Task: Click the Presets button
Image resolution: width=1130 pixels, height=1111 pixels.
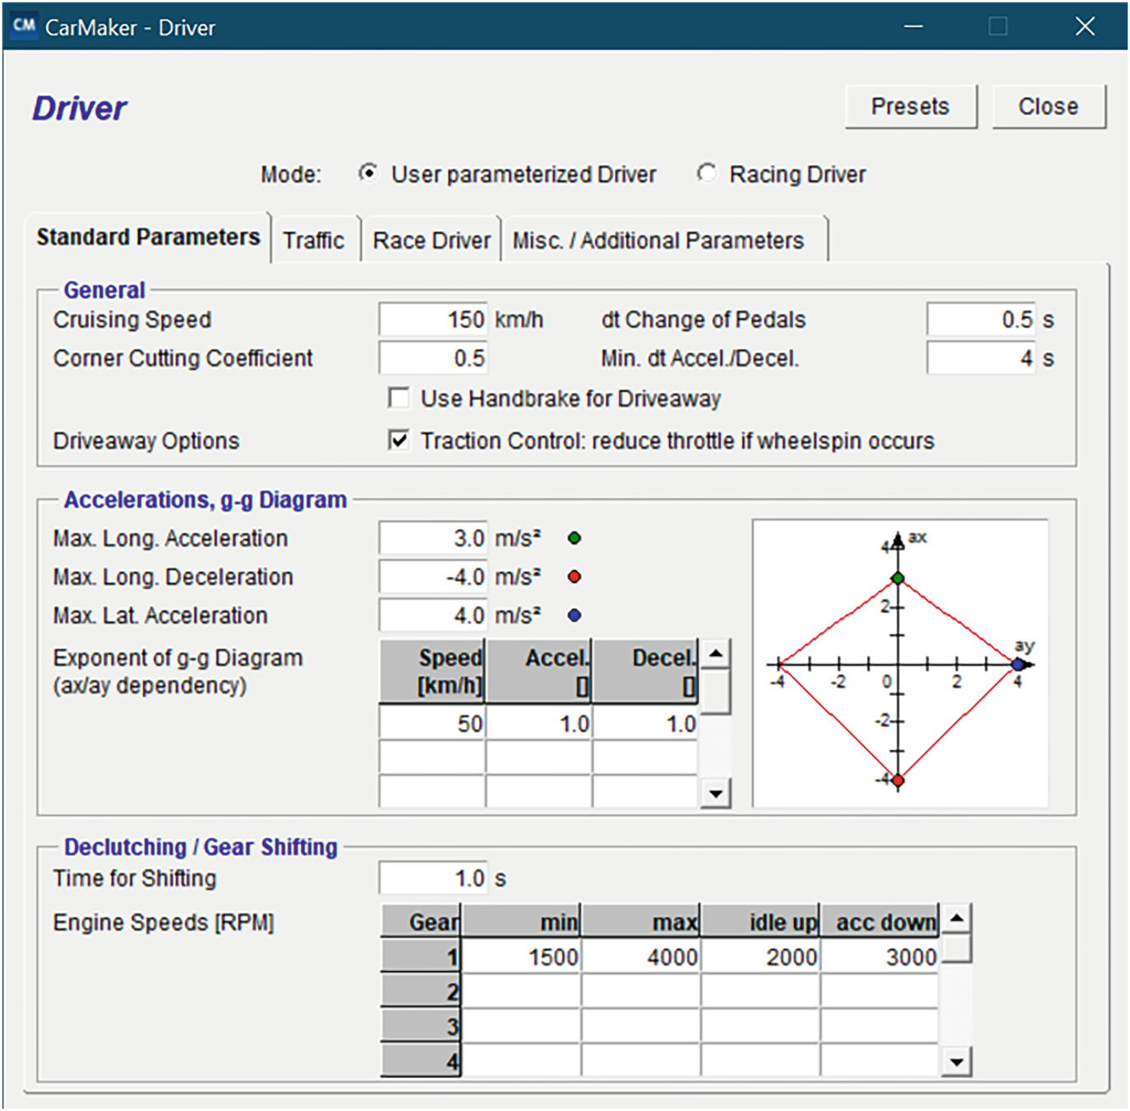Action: (x=911, y=107)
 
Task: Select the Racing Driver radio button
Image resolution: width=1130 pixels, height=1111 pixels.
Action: (x=706, y=173)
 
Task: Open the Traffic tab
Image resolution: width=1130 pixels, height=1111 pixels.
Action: (x=314, y=240)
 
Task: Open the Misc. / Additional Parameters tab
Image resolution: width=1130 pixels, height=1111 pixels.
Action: (x=658, y=240)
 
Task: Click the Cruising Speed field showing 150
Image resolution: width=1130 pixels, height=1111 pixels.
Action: (x=433, y=320)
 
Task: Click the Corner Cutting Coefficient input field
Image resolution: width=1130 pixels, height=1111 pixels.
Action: (x=433, y=358)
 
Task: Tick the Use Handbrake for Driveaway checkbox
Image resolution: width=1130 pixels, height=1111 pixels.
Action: (x=399, y=399)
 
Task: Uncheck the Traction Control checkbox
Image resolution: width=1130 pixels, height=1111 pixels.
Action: (x=399, y=440)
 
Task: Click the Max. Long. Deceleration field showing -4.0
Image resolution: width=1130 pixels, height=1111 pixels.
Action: (x=433, y=577)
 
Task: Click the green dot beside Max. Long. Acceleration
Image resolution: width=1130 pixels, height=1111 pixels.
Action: (x=574, y=538)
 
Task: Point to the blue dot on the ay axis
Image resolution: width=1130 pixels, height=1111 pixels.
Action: (x=1018, y=664)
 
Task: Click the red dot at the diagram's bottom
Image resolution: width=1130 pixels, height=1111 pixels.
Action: (x=897, y=780)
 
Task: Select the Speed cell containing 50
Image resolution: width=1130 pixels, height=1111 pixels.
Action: (x=432, y=724)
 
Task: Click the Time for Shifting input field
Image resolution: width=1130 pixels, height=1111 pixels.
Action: (x=433, y=878)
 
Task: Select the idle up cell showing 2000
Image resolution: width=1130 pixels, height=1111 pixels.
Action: (x=761, y=957)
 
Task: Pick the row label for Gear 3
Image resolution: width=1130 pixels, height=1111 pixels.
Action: (x=421, y=1026)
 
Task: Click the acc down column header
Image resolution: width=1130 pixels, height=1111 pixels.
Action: (x=879, y=922)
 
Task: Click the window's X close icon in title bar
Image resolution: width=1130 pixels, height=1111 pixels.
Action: (x=1085, y=26)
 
